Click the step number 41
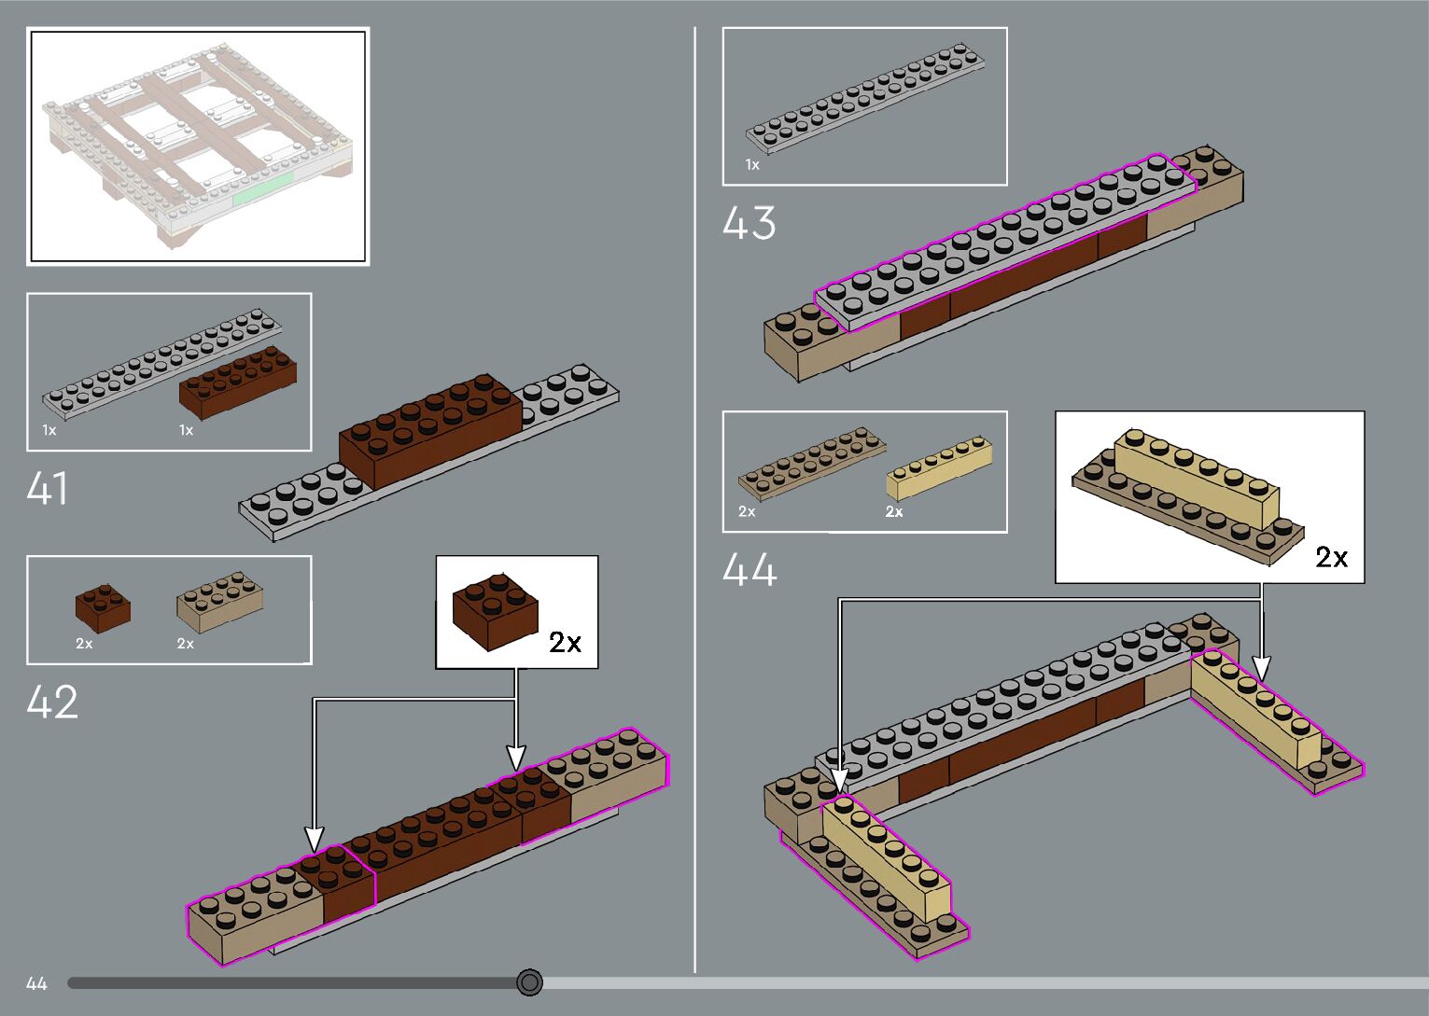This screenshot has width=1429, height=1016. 48,488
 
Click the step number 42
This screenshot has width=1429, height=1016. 52,703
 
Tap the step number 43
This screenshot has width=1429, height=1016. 749,224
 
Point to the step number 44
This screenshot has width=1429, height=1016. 750,570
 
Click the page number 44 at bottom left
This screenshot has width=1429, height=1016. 36,983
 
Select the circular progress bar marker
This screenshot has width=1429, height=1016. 529,981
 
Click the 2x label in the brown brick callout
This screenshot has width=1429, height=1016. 565,642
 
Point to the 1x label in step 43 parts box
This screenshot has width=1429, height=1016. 752,165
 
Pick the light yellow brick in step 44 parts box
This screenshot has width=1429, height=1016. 938,469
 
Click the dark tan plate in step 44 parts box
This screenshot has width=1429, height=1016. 810,459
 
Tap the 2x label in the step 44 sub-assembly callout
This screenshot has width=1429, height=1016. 1332,557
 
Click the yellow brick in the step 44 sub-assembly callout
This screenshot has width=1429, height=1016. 1196,476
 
